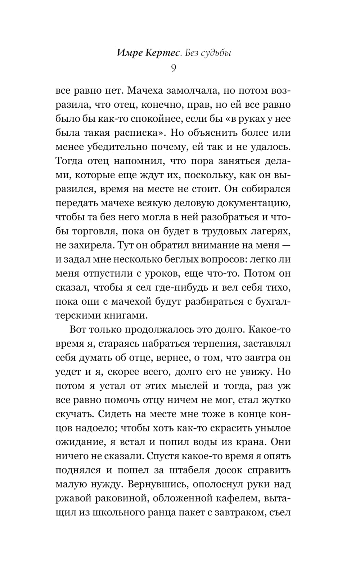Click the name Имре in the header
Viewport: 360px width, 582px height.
click(x=130, y=53)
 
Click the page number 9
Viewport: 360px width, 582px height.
click(x=174, y=68)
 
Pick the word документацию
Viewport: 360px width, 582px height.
click(x=254, y=203)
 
